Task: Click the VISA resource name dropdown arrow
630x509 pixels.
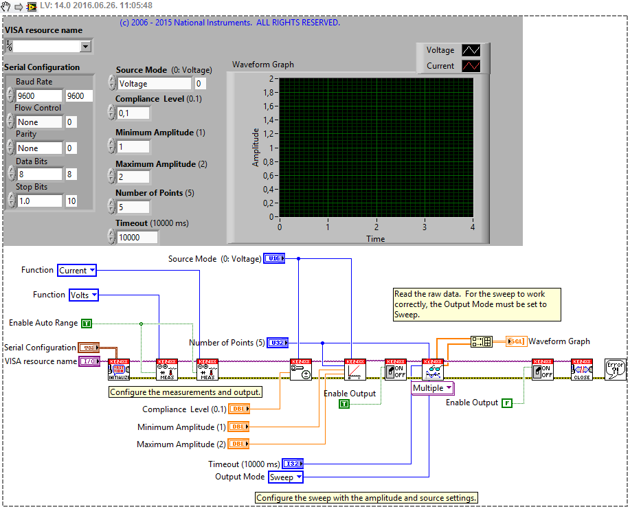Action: [x=86, y=47]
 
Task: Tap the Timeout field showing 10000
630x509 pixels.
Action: [x=137, y=238]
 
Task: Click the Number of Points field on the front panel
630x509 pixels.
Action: [x=133, y=207]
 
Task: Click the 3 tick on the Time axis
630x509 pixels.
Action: [x=425, y=227]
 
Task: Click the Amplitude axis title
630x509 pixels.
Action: [x=256, y=147]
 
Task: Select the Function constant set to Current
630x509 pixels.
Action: [x=77, y=271]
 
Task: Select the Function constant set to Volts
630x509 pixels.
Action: [x=84, y=295]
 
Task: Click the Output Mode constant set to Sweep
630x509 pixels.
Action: [x=285, y=477]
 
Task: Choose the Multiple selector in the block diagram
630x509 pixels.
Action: [x=432, y=388]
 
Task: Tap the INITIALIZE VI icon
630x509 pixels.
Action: [x=119, y=370]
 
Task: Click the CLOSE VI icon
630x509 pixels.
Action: [x=582, y=370]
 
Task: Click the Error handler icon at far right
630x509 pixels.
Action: [x=615, y=370]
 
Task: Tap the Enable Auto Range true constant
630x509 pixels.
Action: [x=86, y=323]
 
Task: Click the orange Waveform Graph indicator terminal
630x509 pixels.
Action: [x=516, y=341]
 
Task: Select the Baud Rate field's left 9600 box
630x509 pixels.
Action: [x=38, y=96]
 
